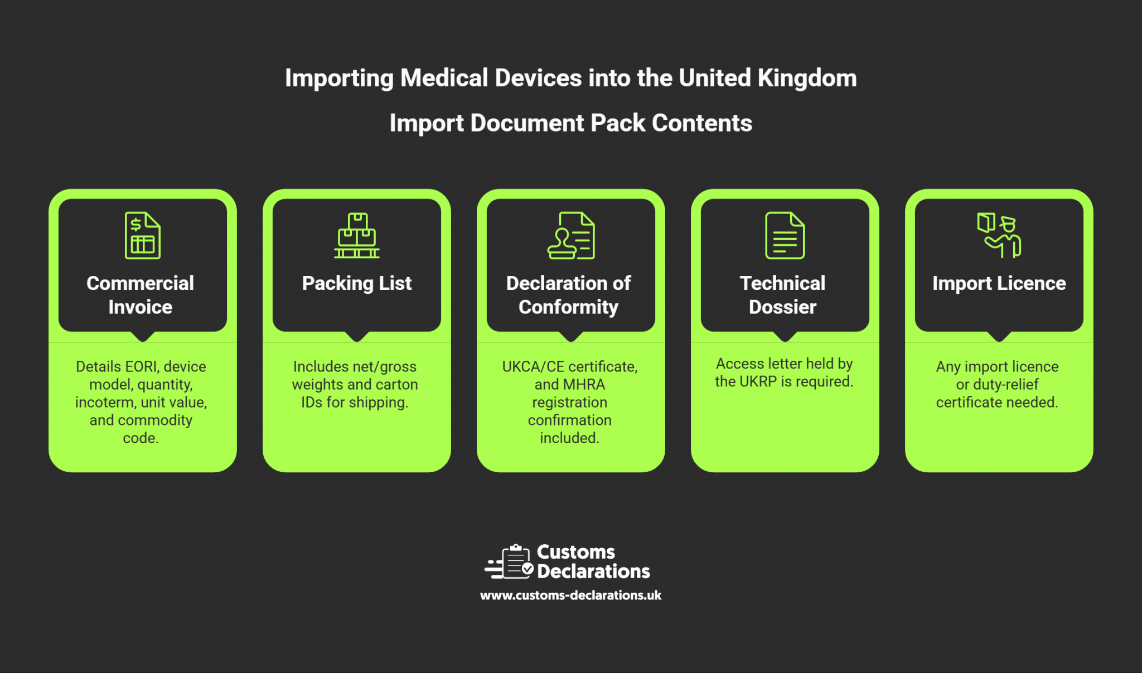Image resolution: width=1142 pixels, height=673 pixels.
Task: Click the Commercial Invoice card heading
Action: [x=141, y=294]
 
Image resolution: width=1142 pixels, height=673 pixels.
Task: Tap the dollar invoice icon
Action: [x=143, y=235]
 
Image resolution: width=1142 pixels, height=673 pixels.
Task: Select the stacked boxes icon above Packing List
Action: [x=357, y=235]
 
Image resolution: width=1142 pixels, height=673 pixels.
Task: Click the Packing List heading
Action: [x=357, y=283]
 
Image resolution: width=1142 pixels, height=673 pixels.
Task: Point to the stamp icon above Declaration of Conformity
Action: [x=570, y=235]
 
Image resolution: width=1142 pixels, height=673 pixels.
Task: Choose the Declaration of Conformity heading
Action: [x=569, y=294]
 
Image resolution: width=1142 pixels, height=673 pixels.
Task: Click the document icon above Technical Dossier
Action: [x=785, y=235]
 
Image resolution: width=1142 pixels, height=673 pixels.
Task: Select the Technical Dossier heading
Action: [x=783, y=294]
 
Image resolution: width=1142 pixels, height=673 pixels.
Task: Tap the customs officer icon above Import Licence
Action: [x=999, y=235]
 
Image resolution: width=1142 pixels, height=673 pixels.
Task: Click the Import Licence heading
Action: [x=999, y=283]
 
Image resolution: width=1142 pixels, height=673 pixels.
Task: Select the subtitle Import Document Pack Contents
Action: [x=570, y=123]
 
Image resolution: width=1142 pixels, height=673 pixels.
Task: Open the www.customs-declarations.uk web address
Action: [x=570, y=595]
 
